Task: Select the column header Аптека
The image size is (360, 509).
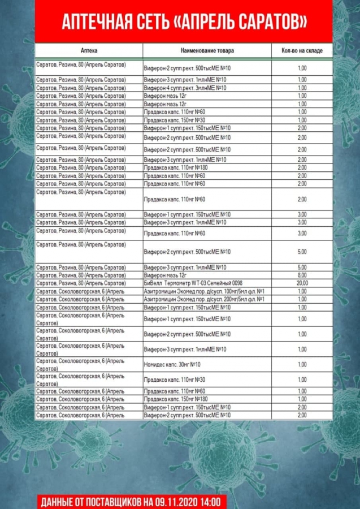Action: (x=89, y=51)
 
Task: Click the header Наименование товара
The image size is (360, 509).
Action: (x=207, y=51)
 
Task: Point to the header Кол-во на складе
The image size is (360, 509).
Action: (x=302, y=51)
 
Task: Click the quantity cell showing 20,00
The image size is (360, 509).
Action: (x=302, y=283)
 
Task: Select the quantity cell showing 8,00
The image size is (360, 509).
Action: (x=302, y=275)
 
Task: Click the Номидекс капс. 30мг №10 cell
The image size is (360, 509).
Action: (x=172, y=364)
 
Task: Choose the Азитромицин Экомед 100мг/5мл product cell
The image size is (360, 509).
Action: (x=204, y=291)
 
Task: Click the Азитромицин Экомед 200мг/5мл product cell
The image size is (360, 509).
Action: (x=204, y=299)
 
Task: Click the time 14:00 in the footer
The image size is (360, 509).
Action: (x=212, y=502)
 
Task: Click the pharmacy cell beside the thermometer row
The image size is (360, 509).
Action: (x=89, y=283)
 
